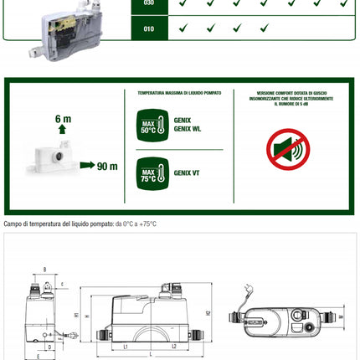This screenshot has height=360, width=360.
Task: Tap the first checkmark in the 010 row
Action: click(183, 28)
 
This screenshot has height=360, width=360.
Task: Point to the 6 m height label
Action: click(64, 120)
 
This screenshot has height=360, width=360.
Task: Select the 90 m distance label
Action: click(106, 166)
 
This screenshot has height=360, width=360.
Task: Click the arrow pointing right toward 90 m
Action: click(86, 166)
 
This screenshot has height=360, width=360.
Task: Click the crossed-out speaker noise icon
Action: click(287, 149)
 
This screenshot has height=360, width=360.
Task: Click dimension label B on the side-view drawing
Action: click(44, 270)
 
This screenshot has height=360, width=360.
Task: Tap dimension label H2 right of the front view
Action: click(208, 314)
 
